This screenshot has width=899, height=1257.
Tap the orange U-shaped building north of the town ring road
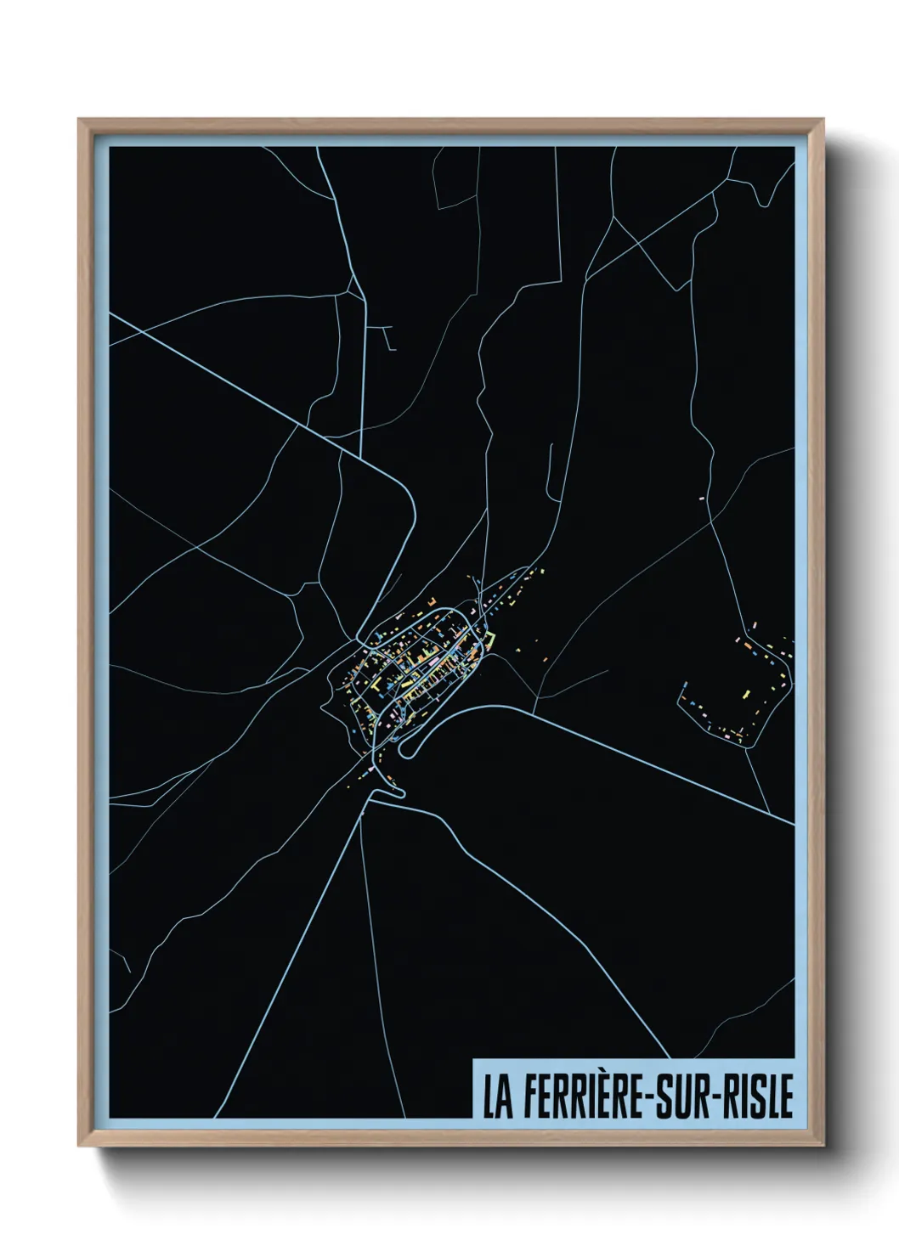point(431,601)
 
